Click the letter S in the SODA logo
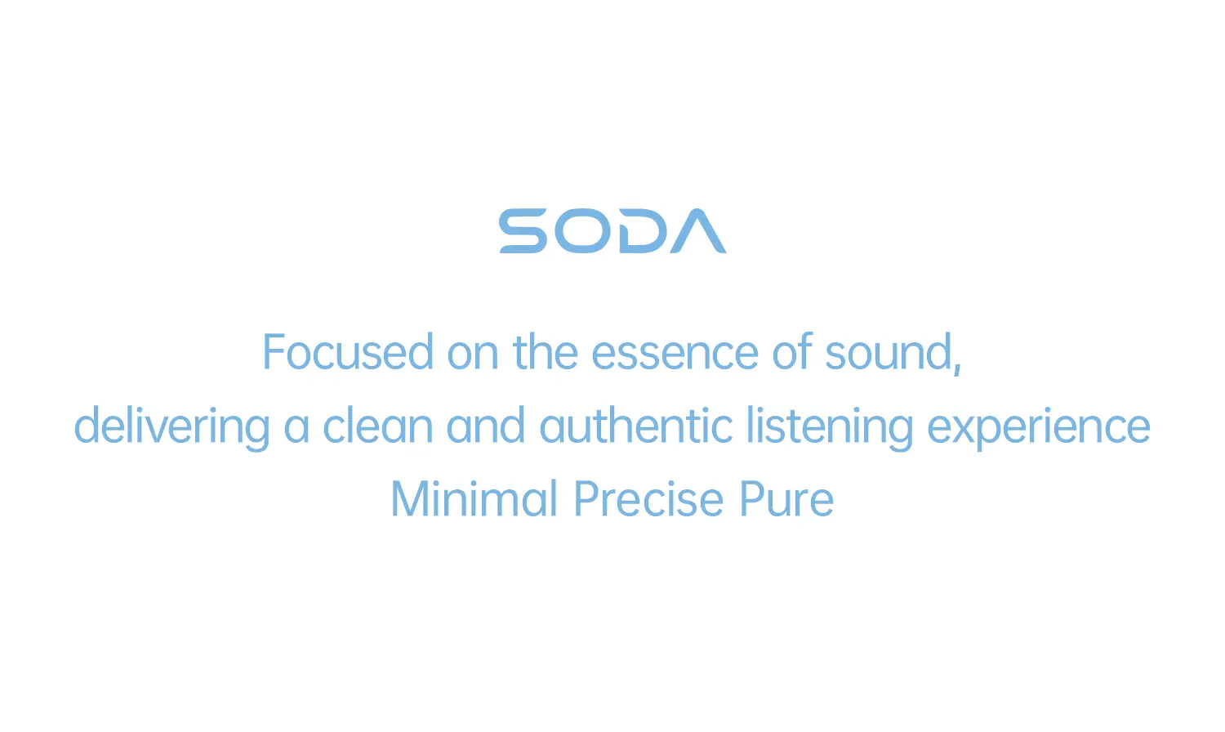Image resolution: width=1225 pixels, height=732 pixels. (523, 231)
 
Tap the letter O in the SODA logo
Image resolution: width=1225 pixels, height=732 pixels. (581, 231)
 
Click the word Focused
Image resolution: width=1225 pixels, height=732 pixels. (347, 353)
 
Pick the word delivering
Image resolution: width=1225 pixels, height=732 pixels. (171, 426)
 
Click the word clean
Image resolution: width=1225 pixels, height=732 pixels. (377, 426)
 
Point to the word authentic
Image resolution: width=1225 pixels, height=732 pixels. (636, 426)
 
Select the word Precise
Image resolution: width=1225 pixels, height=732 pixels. (648, 499)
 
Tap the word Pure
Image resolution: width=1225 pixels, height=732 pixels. (786, 499)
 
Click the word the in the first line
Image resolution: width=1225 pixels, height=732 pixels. (546, 353)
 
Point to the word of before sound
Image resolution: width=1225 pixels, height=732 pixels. (793, 353)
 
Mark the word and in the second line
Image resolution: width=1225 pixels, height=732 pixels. (485, 426)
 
